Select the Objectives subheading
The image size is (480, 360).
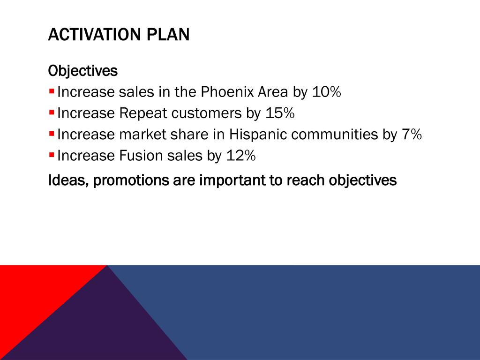[x=83, y=71]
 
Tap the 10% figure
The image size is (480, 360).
[x=325, y=92]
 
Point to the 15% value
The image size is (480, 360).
[x=279, y=113]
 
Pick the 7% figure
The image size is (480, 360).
[x=411, y=135]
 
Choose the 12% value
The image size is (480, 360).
[x=240, y=156]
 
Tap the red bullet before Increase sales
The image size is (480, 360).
[x=52, y=90]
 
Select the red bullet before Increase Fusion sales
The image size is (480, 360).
[x=52, y=153]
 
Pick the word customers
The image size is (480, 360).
[x=204, y=113]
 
